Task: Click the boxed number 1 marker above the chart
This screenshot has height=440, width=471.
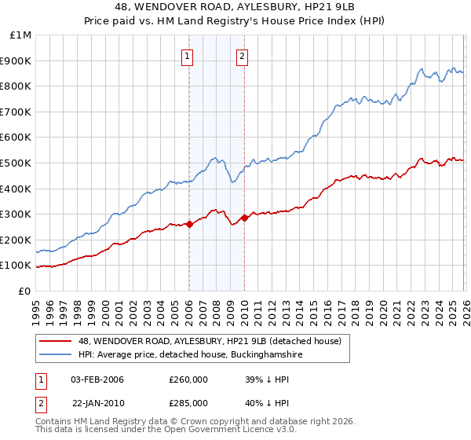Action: [x=188, y=56]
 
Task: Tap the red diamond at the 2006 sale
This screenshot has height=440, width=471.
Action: [x=189, y=224]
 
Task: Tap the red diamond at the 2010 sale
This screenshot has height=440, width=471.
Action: [x=244, y=218]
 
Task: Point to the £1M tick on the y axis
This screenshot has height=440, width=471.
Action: [x=21, y=35]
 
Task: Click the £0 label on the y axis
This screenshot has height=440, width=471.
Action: [x=24, y=291]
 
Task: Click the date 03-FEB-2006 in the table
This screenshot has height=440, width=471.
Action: [x=97, y=379]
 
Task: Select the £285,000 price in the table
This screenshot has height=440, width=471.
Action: [x=188, y=403]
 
